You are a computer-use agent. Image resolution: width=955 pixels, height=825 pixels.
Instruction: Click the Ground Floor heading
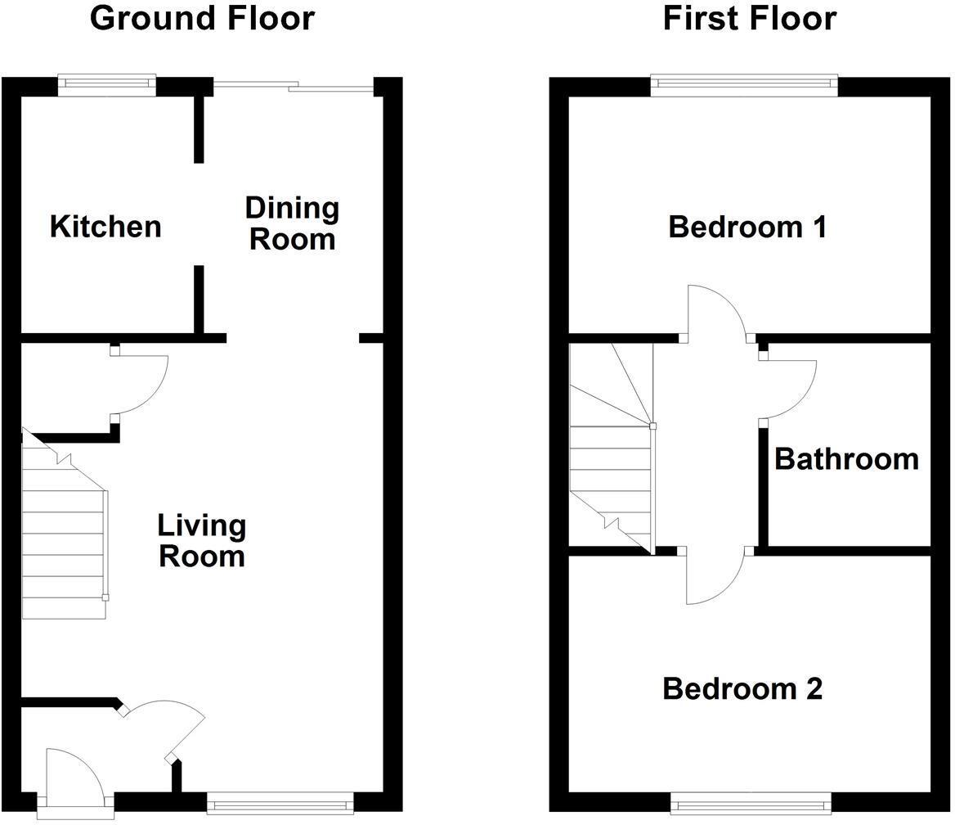tap(202, 18)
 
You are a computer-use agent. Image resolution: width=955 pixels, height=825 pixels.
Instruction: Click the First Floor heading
tap(749, 18)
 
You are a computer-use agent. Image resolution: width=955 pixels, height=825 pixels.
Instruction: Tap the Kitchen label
tap(105, 227)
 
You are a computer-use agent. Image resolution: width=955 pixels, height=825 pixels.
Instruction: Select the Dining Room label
tap(292, 223)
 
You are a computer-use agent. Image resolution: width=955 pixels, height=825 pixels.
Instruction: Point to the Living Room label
tap(202, 540)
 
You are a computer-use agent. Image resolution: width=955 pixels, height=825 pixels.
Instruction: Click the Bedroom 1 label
tap(747, 227)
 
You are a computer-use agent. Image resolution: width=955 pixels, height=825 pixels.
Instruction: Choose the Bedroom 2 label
tap(742, 689)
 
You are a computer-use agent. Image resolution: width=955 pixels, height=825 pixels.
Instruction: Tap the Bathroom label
tap(846, 459)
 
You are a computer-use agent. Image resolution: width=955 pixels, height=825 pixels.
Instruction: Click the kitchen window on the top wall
tap(106, 84)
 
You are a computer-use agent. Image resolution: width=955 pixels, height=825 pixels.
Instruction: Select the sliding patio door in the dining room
tap(293, 84)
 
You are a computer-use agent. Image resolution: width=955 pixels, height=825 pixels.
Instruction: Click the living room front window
tap(280, 804)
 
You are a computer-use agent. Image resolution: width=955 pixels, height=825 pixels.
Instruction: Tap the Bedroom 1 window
tap(744, 84)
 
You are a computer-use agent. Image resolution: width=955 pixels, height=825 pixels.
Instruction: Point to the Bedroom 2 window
tap(751, 804)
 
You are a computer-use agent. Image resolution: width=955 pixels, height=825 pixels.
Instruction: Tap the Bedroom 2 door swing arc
tap(713, 577)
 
